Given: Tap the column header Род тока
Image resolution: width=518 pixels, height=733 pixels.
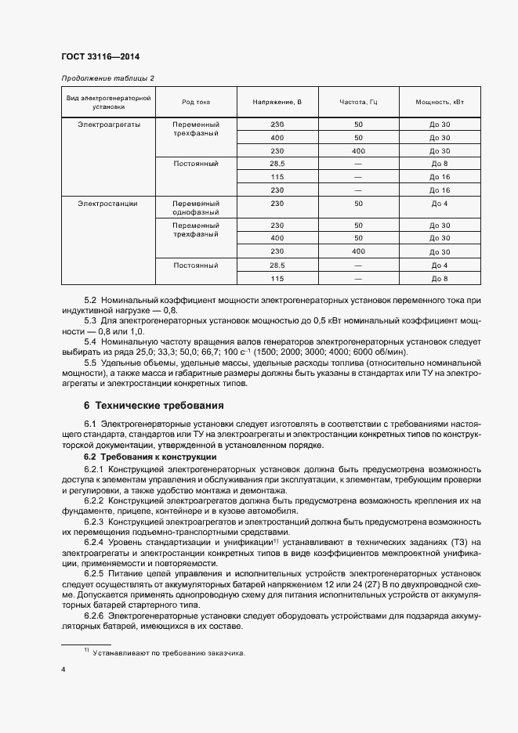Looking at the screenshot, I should click(195, 102).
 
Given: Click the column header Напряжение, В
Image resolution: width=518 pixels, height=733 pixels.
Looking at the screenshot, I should click(277, 102).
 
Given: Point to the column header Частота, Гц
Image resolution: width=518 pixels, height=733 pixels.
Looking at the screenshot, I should click(358, 102).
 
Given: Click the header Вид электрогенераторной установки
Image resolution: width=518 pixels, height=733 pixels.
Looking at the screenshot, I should click(107, 102).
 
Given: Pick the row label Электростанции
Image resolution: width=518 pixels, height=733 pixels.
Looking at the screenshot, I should click(107, 204).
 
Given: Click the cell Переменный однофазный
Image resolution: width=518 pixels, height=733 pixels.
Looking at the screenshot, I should click(195, 208).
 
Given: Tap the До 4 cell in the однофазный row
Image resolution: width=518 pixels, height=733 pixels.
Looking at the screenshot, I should click(439, 204).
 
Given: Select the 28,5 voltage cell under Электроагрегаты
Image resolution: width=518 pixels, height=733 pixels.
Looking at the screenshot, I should click(277, 164).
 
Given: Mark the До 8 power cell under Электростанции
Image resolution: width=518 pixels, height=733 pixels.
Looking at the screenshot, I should click(439, 279).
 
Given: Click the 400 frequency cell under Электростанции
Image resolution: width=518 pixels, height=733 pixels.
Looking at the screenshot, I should click(358, 251).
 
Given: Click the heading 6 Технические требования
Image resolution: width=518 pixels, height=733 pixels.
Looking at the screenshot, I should click(154, 406).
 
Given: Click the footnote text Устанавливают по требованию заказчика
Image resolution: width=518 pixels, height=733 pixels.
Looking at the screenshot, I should click(168, 652).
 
